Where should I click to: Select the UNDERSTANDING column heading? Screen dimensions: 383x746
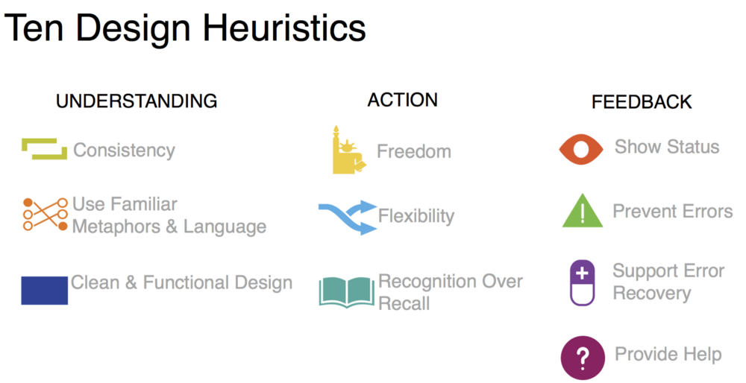tap(137, 101)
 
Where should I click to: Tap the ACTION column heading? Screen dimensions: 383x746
tap(402, 100)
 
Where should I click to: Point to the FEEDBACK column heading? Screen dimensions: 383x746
tap(642, 102)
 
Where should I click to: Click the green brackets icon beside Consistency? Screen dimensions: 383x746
tap(44, 149)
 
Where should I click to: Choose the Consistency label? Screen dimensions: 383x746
tap(124, 150)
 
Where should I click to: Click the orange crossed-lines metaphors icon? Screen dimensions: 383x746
tap(45, 214)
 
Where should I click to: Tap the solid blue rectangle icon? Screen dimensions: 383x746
tap(44, 290)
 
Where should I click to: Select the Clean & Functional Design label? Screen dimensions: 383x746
tap(181, 282)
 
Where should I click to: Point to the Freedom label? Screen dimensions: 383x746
tap(413, 151)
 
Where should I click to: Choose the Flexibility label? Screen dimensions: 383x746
tap(416, 216)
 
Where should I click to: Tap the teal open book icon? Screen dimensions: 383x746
tap(346, 291)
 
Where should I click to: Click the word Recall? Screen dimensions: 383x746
tap(404, 303)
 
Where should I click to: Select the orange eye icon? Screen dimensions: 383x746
tap(581, 149)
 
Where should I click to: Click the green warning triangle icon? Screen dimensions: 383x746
tap(582, 212)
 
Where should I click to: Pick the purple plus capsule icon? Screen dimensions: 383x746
tap(583, 282)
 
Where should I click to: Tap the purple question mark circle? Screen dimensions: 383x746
tap(583, 357)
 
